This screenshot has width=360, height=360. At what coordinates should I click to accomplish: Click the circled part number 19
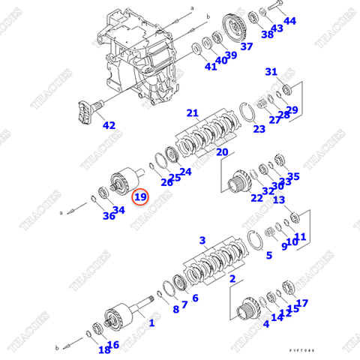click(x=140, y=199)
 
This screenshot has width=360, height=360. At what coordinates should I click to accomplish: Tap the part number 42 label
click(x=109, y=125)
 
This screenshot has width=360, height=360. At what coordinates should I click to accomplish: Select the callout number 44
click(x=289, y=21)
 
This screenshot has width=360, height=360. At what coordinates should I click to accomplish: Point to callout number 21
click(x=193, y=113)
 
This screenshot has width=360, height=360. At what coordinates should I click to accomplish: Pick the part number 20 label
click(x=222, y=151)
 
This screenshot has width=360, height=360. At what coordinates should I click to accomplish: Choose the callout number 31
click(x=271, y=71)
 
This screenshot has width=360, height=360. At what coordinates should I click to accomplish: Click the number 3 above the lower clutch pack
click(x=202, y=240)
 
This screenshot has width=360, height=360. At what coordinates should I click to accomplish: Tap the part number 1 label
click(x=151, y=323)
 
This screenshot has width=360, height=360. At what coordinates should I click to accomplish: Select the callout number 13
click(x=279, y=200)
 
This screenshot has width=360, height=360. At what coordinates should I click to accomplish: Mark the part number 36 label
click(x=109, y=217)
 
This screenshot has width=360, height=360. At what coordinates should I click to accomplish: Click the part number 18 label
click(x=103, y=349)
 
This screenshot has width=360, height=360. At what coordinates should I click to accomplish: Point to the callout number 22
click(x=256, y=198)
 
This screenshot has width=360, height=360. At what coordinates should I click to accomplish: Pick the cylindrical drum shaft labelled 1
click(x=120, y=316)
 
